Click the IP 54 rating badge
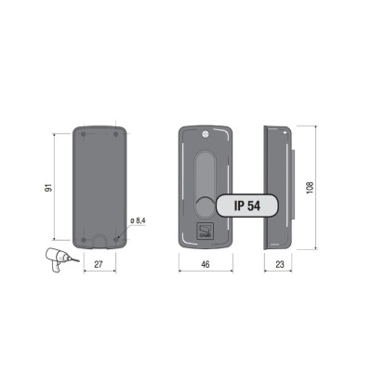247,206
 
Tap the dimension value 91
48,187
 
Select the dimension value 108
310,188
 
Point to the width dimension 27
99,264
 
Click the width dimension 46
206,264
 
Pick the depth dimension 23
280,264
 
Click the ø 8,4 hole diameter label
138,220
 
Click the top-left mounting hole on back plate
83,134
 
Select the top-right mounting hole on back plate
116,134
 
